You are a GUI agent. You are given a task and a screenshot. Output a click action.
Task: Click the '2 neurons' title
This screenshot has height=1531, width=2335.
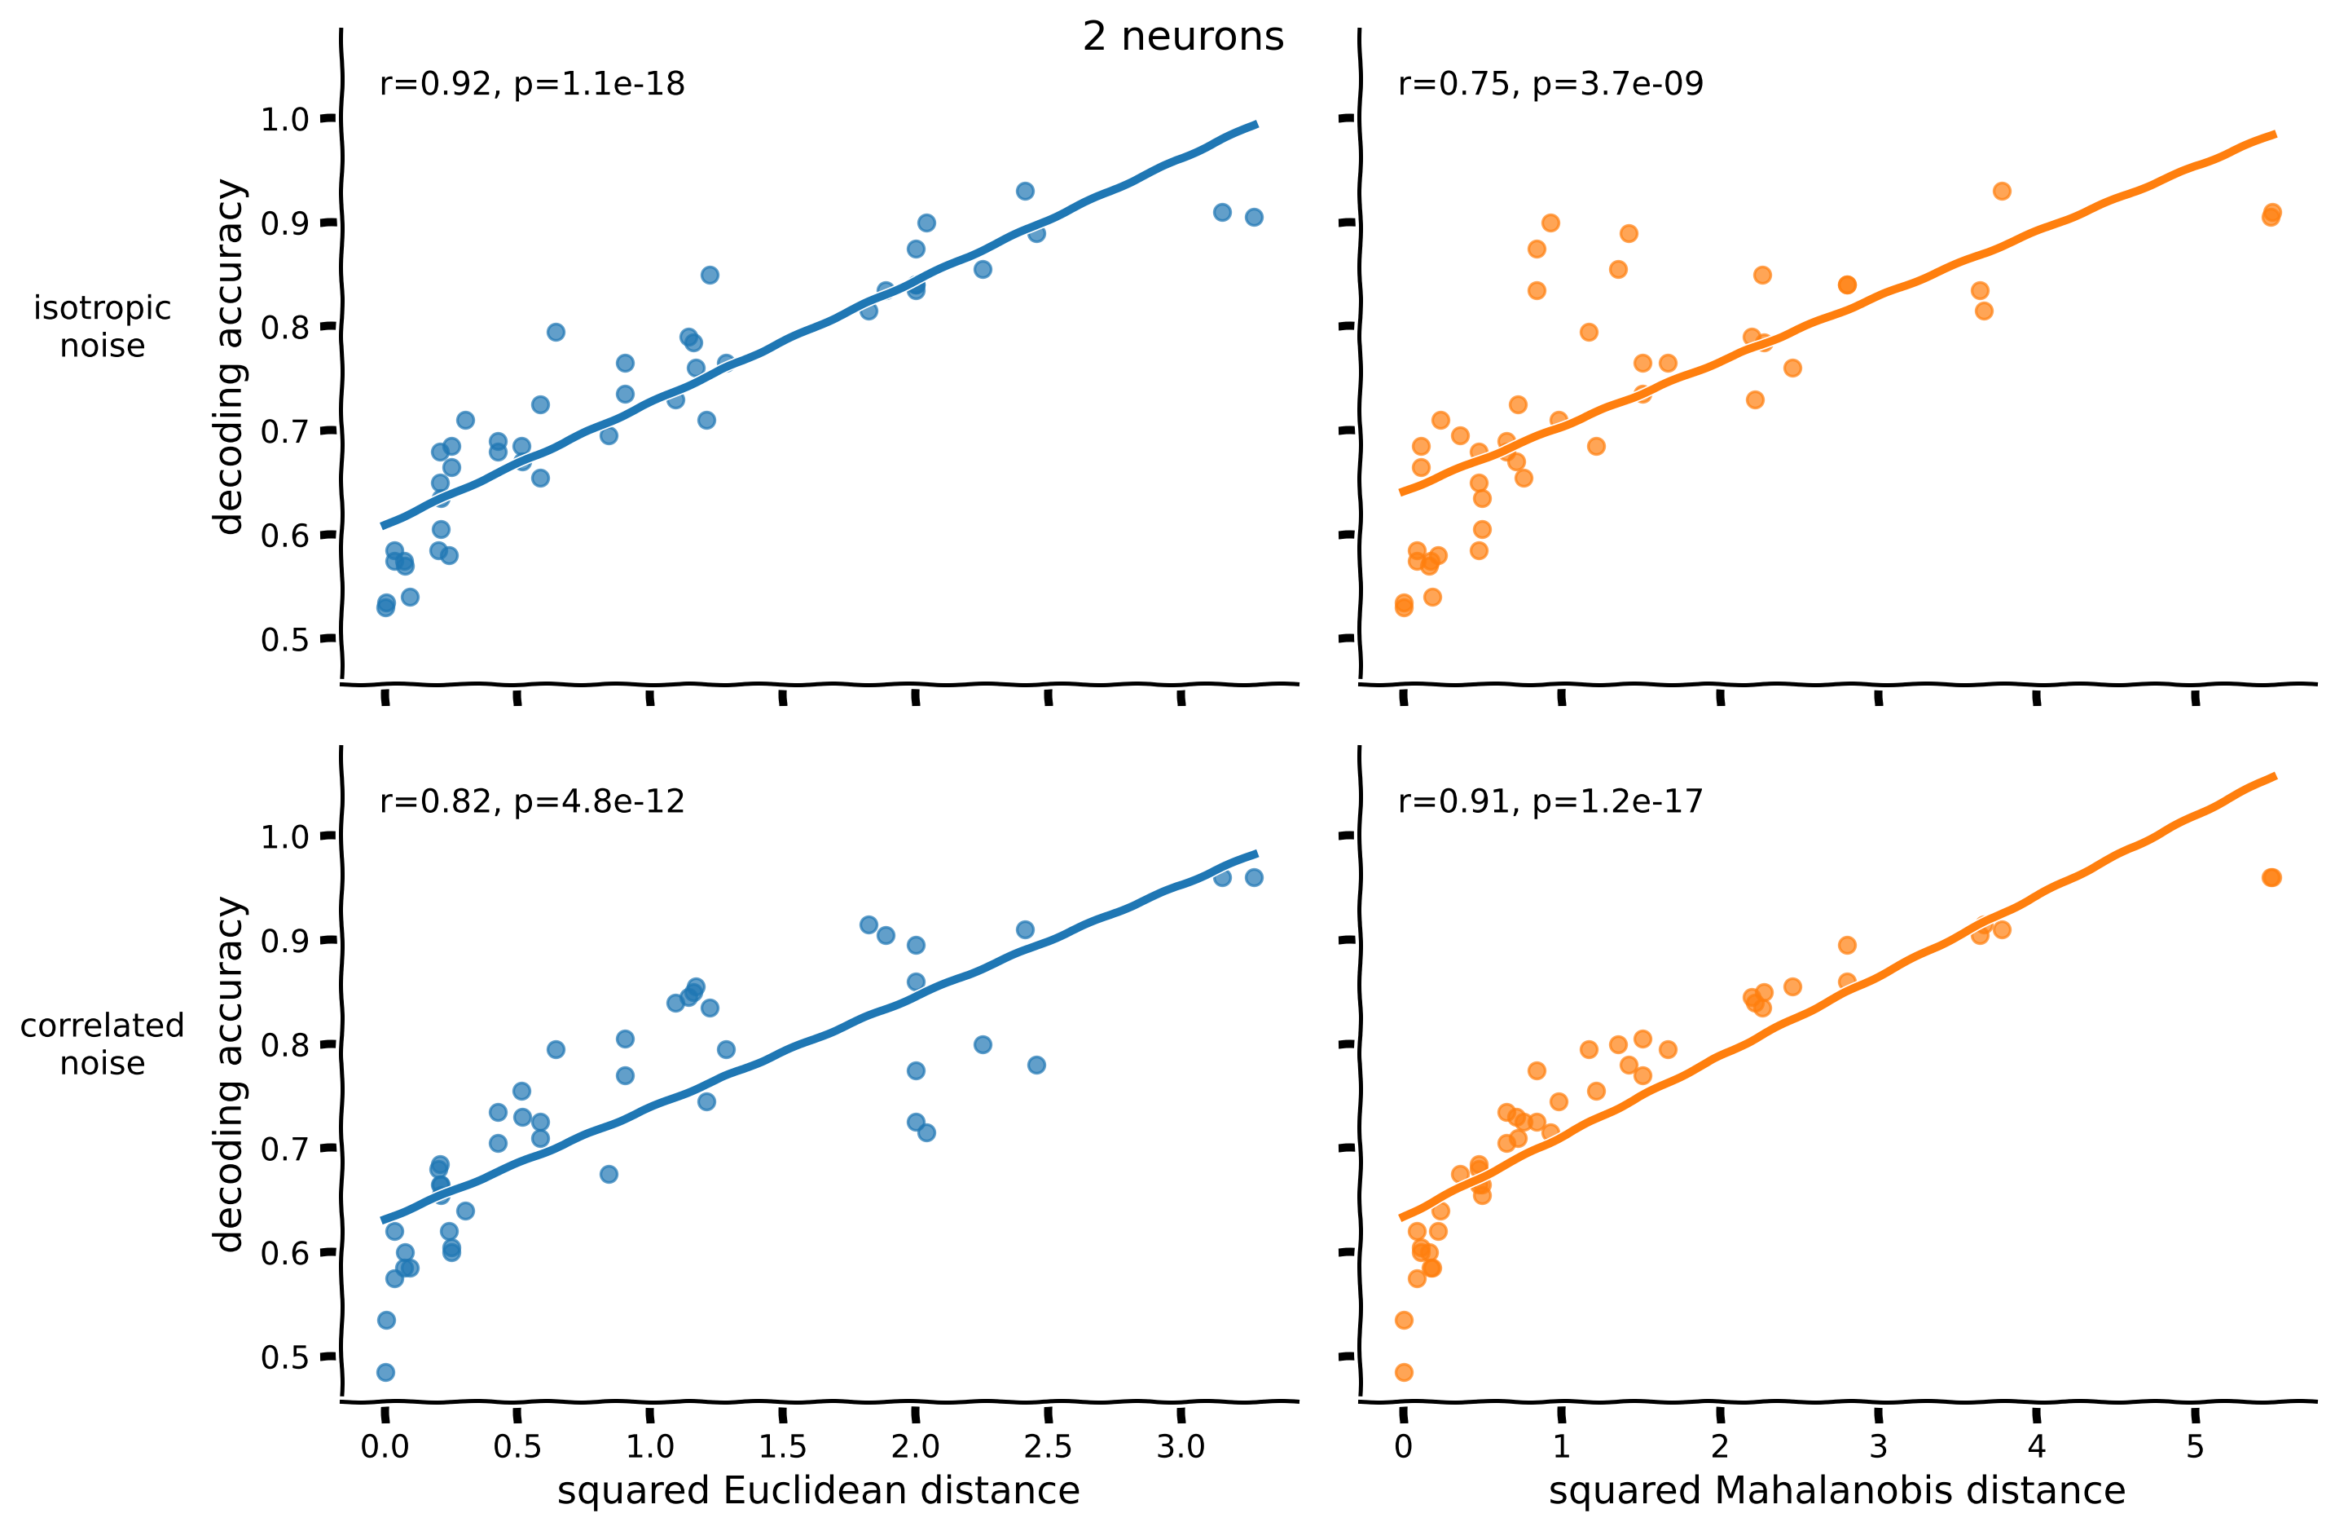[1182, 38]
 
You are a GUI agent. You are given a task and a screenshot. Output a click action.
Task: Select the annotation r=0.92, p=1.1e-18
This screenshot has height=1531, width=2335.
[532, 85]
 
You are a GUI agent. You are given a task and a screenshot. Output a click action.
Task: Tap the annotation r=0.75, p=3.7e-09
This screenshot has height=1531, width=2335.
[1550, 85]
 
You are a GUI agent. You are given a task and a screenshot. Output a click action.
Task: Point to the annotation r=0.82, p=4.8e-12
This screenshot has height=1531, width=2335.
[532, 802]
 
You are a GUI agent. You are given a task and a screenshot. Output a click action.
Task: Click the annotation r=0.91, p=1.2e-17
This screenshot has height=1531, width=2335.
[1550, 802]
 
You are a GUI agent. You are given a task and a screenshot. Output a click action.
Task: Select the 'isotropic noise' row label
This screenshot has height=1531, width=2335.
[102, 327]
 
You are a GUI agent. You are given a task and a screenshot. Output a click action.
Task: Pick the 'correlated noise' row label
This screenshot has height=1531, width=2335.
[102, 1044]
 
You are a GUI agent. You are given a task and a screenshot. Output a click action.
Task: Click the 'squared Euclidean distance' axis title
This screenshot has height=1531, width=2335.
[818, 1491]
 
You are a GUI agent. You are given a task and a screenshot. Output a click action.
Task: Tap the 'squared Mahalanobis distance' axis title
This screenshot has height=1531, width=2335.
[1836, 1491]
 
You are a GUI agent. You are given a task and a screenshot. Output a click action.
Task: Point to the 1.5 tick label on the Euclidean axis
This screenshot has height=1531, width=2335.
[782, 1446]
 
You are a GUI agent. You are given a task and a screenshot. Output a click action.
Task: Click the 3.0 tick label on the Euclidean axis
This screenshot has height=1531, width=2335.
[1181, 1446]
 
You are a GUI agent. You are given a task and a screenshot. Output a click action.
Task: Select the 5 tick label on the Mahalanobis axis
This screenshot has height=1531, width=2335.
[2195, 1446]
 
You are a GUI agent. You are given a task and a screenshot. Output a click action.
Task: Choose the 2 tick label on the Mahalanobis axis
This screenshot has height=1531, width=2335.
[1720, 1446]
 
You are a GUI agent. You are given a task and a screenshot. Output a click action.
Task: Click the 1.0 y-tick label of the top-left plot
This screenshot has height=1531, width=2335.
[284, 120]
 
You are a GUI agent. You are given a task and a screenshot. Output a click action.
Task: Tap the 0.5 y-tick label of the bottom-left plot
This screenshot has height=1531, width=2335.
[284, 1357]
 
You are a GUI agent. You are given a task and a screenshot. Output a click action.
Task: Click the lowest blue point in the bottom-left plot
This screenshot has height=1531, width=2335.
[385, 1372]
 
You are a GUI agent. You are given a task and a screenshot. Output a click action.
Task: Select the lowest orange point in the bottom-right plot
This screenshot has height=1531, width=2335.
[1404, 1372]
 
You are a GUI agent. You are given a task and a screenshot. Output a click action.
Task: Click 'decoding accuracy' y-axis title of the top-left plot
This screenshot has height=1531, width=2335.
[229, 356]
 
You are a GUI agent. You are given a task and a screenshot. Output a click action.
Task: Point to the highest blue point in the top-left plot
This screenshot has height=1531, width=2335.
[1025, 192]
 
